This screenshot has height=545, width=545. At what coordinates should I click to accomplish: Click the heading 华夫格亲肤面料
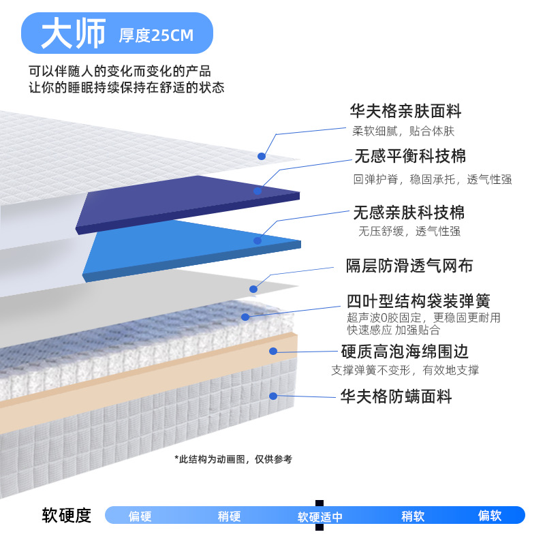tap(405, 111)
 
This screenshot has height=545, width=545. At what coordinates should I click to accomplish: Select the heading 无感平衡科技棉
tap(410, 157)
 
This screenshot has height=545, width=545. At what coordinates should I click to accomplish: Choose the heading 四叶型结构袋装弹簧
tap(418, 301)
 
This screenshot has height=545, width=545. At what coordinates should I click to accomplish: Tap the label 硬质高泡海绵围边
tap(405, 352)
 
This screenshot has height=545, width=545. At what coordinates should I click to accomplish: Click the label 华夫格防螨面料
tap(396, 396)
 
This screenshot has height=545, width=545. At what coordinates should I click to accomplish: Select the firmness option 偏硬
tap(140, 516)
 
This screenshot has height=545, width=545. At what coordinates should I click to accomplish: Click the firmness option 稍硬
tap(229, 516)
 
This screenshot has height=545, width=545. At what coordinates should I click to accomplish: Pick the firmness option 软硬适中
tap(320, 517)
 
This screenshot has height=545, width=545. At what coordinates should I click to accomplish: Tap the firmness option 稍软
tap(413, 516)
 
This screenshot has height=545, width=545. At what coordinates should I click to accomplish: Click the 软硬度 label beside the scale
tap(66, 516)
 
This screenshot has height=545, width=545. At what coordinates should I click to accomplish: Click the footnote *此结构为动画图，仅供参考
tap(233, 459)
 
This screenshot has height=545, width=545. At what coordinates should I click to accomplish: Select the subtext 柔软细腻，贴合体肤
tap(403, 131)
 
